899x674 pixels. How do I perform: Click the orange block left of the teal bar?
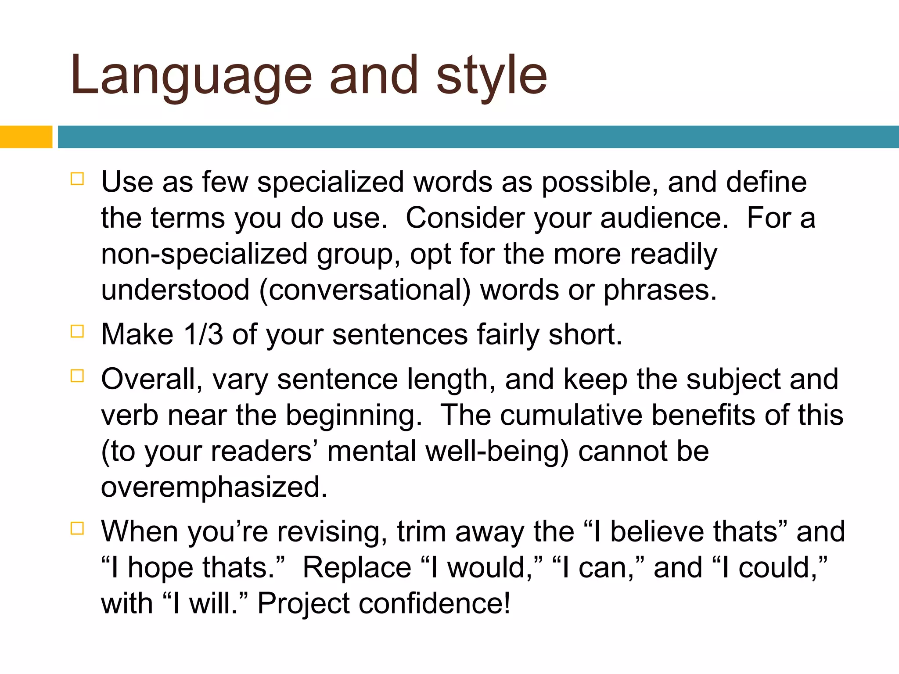coord(26,137)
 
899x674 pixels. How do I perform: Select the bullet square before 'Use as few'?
coord(77,179)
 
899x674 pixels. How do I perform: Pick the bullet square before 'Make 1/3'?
coord(77,331)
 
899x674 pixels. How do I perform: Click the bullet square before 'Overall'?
coord(77,376)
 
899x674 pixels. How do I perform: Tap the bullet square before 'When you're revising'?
coord(77,528)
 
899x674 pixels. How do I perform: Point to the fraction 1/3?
coord(203,334)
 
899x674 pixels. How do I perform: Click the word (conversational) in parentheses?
coord(365,290)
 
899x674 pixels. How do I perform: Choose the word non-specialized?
coord(205,255)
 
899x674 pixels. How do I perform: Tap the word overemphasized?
coord(214,487)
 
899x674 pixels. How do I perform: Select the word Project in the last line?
coord(303,603)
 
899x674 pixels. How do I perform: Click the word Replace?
coord(357,567)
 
